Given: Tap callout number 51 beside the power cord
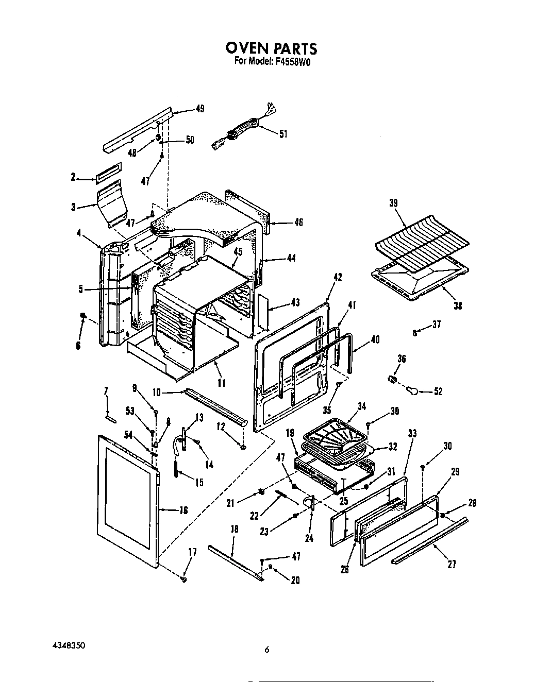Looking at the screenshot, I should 283,134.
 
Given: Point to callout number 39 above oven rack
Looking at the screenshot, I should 393,203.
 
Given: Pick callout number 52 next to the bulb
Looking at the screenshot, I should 438,391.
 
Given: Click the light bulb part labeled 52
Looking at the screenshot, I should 413,391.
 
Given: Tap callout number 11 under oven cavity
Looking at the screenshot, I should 222,383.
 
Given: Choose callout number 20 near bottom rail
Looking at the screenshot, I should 295,581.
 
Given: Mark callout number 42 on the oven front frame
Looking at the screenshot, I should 338,277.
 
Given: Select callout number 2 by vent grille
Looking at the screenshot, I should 73,177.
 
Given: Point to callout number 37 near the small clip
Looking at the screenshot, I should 437,325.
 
